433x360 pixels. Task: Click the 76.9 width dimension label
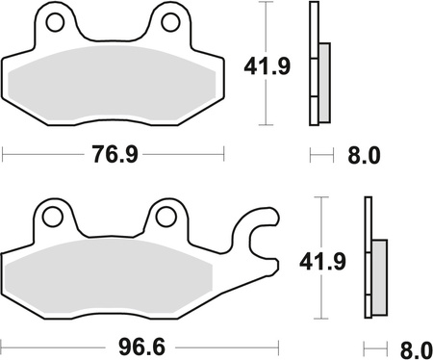pyautogui.click(x=113, y=154)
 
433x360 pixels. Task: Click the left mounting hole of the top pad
pyautogui.click(x=56, y=22)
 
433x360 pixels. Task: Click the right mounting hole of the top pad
pyautogui.click(x=169, y=22)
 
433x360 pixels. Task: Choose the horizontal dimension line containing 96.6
pyautogui.click(x=58, y=343)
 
